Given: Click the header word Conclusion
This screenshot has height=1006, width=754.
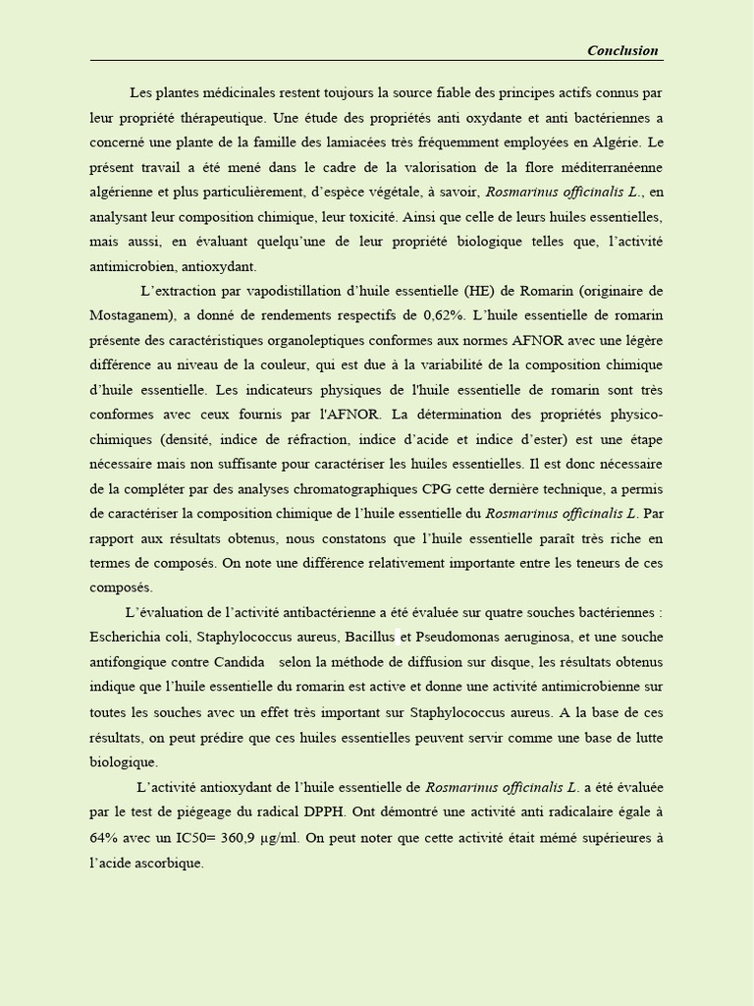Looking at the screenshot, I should coord(622,51).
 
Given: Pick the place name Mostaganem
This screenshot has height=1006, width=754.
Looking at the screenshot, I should coord(128,315).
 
